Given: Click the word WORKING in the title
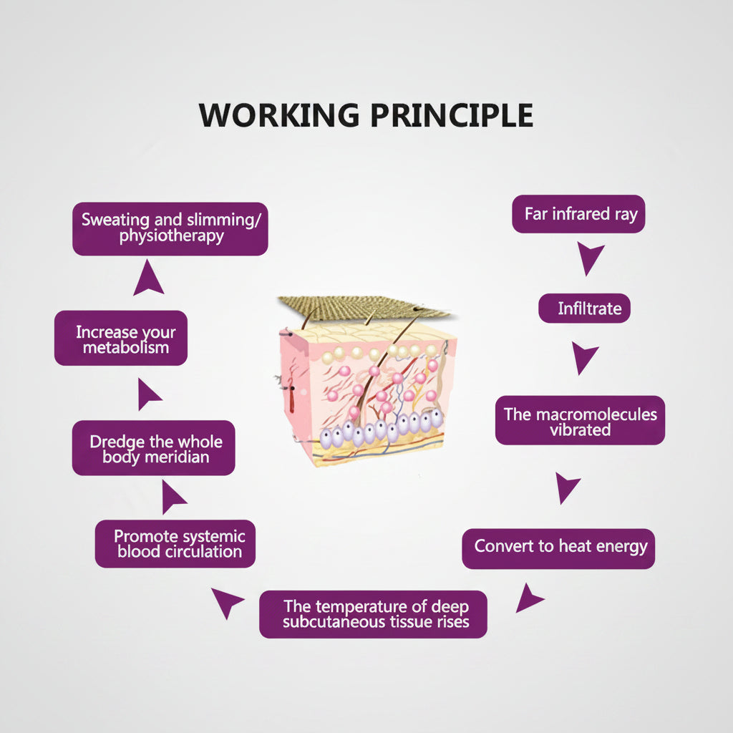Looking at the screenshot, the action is pos(279,115).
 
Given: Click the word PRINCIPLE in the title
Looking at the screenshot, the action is pos(452,115).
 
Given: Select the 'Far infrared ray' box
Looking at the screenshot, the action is pos(578,214).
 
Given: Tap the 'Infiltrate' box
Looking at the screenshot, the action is pos(584,308).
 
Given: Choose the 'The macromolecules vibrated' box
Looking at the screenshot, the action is pos(580,420).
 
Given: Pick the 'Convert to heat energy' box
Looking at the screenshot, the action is pos(558,549).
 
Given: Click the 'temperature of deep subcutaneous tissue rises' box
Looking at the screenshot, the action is pos(373,614).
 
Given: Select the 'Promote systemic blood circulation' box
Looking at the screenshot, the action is pos(175,544).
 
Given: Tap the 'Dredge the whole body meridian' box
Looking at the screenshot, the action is pos(153,448).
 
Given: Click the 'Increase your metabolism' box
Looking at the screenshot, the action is pos(120,338).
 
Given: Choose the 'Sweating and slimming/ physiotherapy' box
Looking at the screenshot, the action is pos(170,229).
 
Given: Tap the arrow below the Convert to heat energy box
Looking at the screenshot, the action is pos(528,598).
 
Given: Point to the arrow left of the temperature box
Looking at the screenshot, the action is pos(228,601).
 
